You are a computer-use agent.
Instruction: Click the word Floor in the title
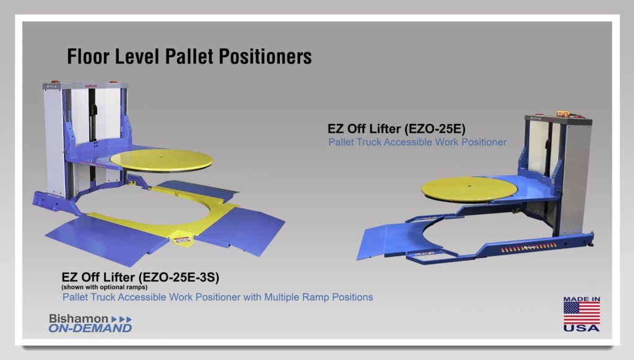coord(89,56)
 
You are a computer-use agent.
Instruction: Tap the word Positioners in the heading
coord(265,56)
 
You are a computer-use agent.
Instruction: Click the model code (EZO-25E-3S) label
coord(179,278)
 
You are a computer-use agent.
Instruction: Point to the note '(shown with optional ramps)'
coord(104,287)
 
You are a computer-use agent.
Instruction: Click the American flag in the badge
coord(581,313)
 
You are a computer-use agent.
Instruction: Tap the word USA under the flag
coord(581,328)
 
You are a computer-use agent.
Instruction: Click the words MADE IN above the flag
coord(581,299)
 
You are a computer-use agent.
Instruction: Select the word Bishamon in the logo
coord(79,318)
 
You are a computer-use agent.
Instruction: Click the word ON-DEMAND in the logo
coord(90,328)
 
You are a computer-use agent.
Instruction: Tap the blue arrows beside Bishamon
coord(121,319)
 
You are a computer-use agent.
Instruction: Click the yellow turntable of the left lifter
coord(162,160)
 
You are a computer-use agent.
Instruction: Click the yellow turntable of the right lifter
coord(469,190)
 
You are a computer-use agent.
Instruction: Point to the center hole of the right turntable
coord(469,187)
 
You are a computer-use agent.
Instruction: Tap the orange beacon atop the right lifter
coord(562,114)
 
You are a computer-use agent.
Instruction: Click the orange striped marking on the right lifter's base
coord(529,248)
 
